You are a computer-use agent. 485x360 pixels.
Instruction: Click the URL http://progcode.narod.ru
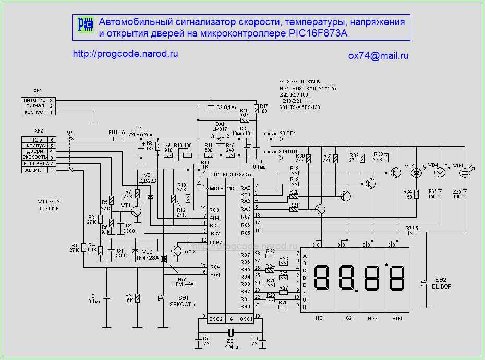[126, 54]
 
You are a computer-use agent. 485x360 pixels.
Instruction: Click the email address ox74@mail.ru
[378, 56]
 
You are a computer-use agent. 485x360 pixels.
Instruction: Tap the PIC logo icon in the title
[85, 24]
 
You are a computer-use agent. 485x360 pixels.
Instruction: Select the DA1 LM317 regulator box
[220, 138]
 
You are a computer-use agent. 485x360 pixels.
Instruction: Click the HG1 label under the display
[320, 318]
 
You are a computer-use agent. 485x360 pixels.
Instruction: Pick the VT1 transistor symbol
[136, 211]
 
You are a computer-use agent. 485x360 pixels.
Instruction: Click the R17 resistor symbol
[256, 109]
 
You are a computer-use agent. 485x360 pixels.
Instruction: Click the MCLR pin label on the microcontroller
[216, 188]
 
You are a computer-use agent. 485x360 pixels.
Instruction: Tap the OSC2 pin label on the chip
[216, 319]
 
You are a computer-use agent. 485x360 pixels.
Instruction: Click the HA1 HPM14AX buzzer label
[183, 281]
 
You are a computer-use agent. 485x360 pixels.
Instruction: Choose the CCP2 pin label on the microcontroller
[216, 242]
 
